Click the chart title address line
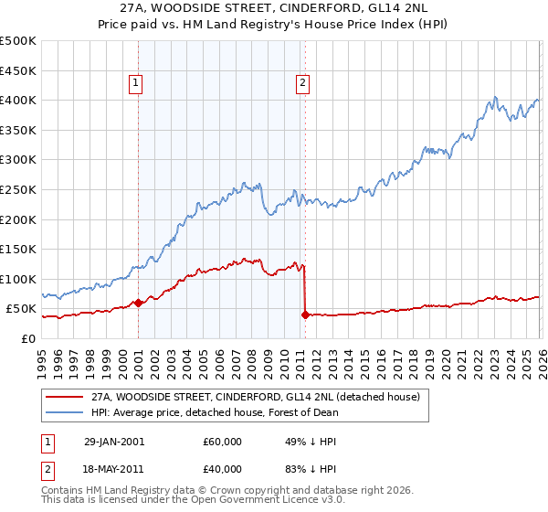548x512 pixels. coord(273,7)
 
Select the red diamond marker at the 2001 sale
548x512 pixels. coord(138,303)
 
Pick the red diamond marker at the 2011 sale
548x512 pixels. coord(305,315)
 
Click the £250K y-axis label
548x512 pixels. coord(18,189)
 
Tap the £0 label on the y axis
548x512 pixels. coord(27,338)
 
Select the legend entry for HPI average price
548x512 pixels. coord(215,412)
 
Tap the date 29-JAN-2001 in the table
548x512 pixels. coord(113,442)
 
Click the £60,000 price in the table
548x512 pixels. coord(223,442)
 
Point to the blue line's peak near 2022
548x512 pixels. coord(494,96)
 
